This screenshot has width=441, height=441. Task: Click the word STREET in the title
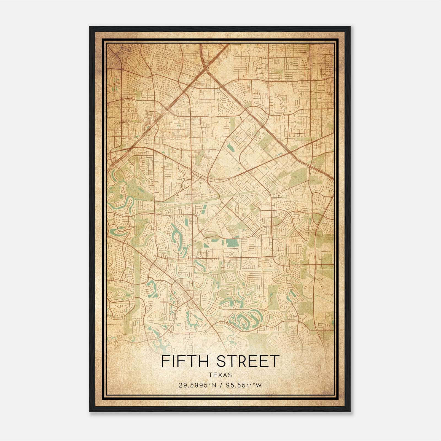click(248, 361)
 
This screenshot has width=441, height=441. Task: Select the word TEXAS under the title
click(220, 375)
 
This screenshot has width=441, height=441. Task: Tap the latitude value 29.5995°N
click(197, 385)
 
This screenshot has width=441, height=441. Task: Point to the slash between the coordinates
click(220, 385)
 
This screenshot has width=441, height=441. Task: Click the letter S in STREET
click(222, 361)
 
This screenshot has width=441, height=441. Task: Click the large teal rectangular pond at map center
click(232, 243)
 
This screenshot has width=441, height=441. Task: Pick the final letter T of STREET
click(275, 361)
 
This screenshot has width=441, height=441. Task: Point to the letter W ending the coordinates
click(259, 385)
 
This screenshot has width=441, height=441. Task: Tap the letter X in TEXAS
click(220, 375)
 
